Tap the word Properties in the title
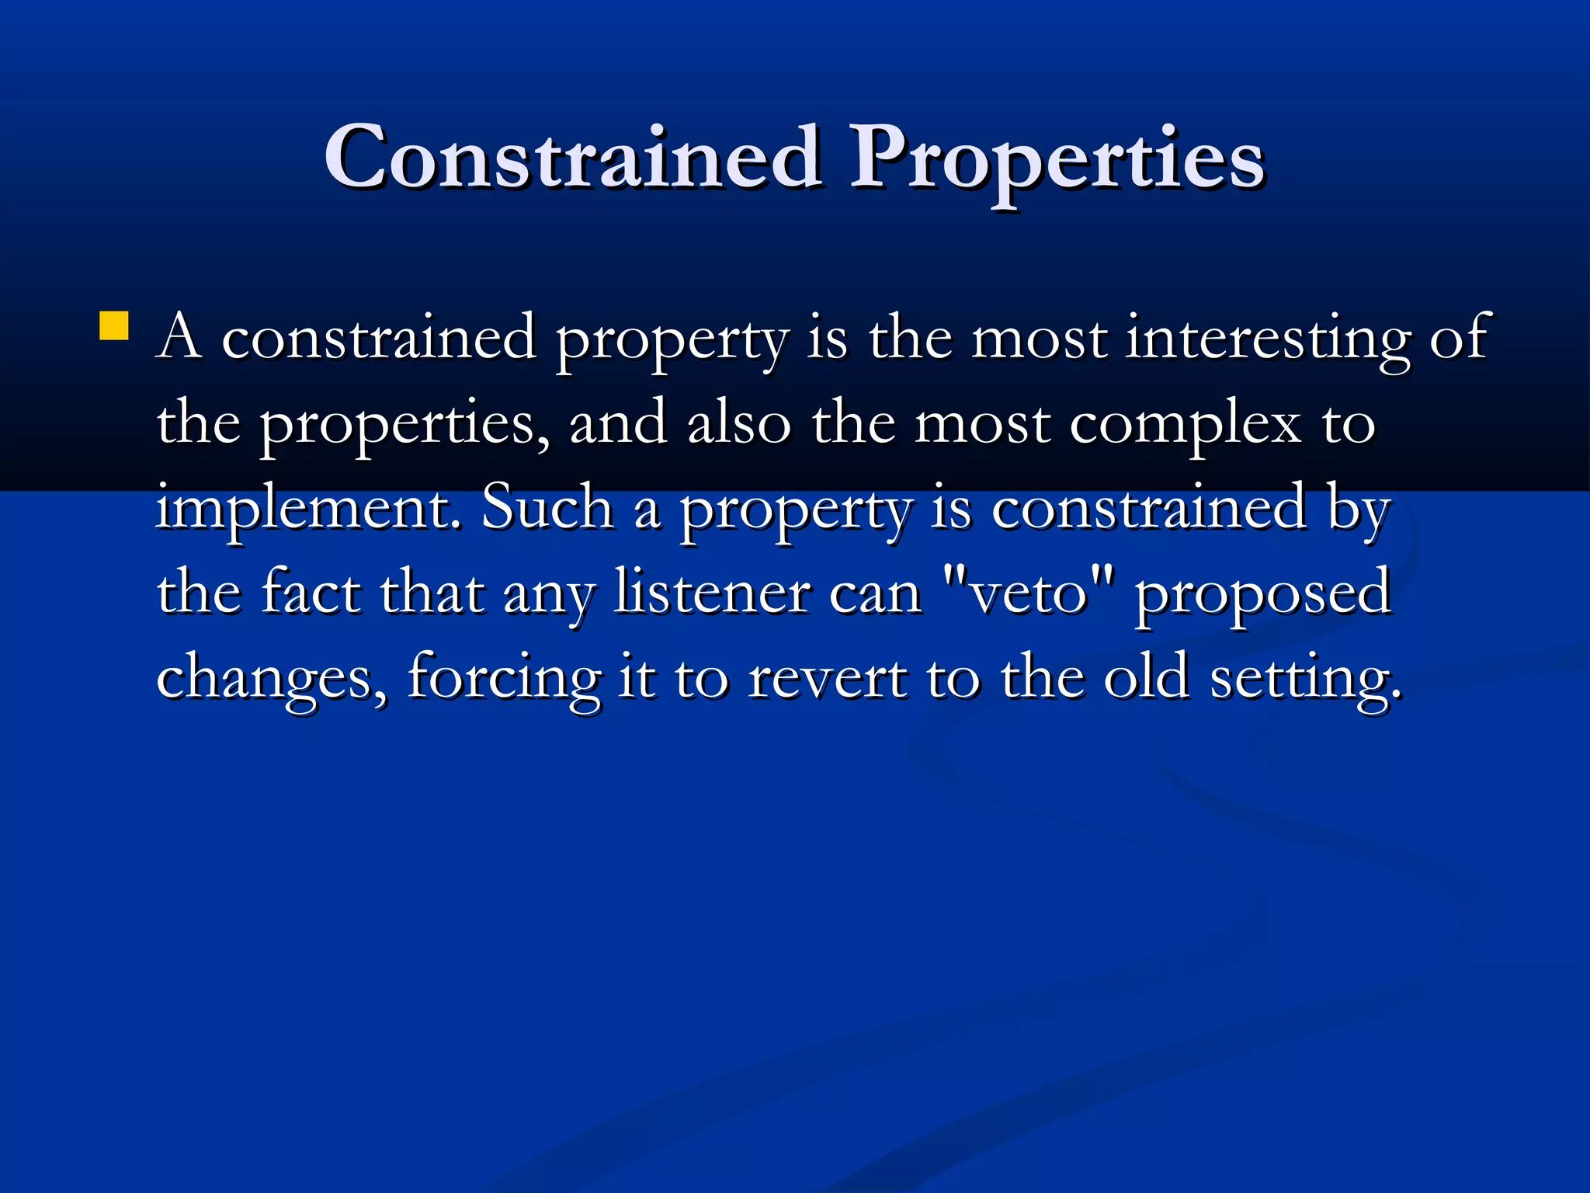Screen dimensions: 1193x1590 [x=1057, y=162]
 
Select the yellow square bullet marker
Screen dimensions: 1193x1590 [x=114, y=326]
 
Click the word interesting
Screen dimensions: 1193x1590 [x=1268, y=340]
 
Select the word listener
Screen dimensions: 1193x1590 [x=768, y=593]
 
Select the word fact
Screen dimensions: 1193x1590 [x=311, y=593]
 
